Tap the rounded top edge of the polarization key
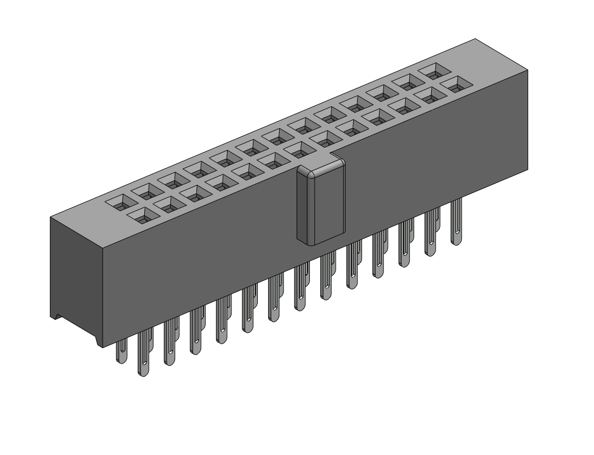pos(320,164)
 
